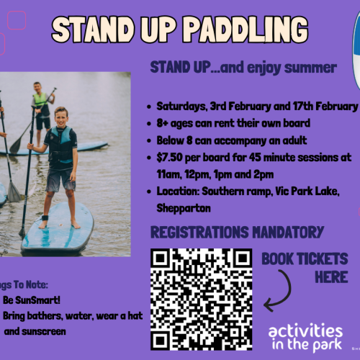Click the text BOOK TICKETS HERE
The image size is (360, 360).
click(x=305, y=267)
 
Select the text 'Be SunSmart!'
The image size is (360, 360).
click(x=28, y=299)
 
